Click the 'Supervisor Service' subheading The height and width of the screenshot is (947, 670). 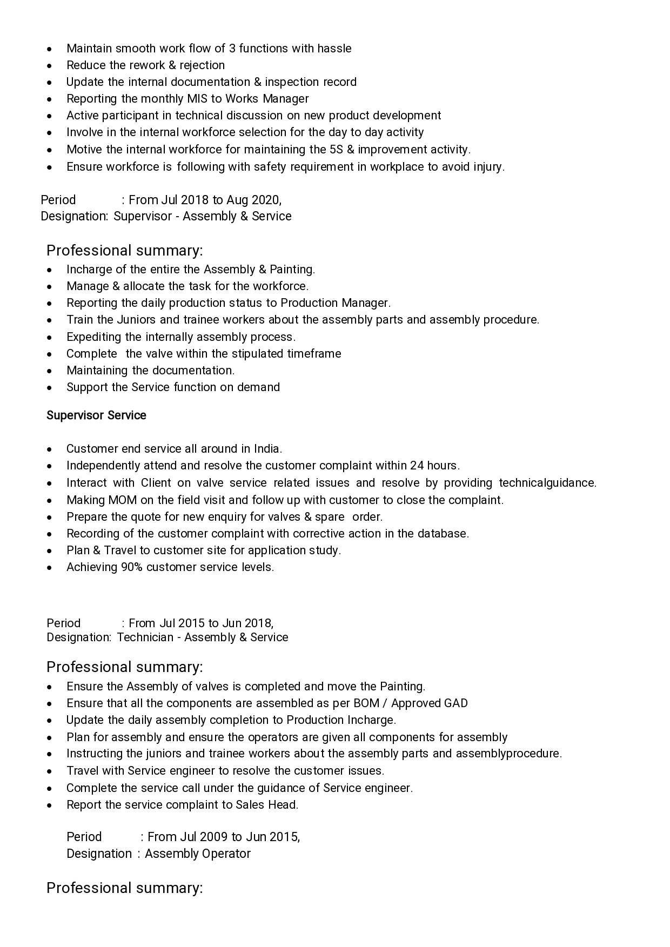tap(96, 415)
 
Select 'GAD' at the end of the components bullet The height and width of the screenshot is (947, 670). tap(455, 703)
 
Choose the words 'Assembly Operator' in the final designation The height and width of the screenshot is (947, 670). tap(198, 854)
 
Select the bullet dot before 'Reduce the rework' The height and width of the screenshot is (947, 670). tap(50, 66)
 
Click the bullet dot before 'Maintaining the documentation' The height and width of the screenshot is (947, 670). tap(50, 371)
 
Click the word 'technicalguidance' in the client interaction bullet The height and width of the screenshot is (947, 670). tap(547, 483)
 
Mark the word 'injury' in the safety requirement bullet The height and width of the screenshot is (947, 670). tap(489, 167)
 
